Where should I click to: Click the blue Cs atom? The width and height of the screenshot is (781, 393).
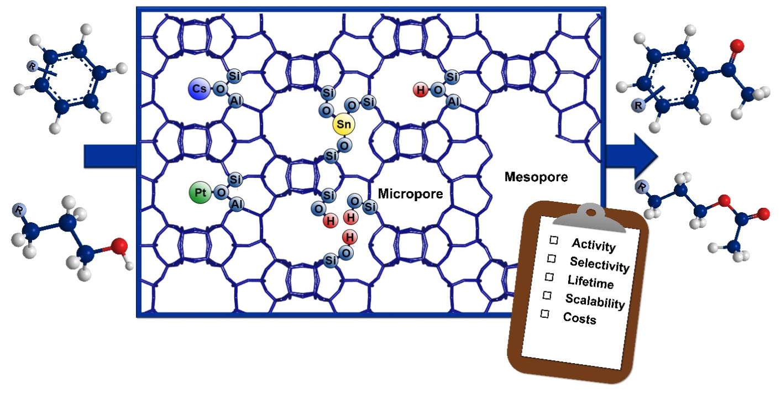tap(197, 88)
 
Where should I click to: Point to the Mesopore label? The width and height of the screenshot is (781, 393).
tap(536, 177)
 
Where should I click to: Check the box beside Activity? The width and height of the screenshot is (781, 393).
tap(553, 239)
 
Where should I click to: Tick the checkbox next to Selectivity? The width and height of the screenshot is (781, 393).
tap(551, 258)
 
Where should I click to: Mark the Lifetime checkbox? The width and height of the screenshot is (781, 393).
tap(549, 276)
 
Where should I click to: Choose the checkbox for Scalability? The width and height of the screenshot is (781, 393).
tap(547, 295)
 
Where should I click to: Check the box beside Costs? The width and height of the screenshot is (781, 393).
tap(545, 313)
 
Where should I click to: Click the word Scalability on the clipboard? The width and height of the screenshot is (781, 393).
tap(595, 302)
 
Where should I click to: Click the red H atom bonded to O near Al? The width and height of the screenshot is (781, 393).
tap(421, 90)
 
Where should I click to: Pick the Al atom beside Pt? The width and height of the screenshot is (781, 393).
tap(236, 205)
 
